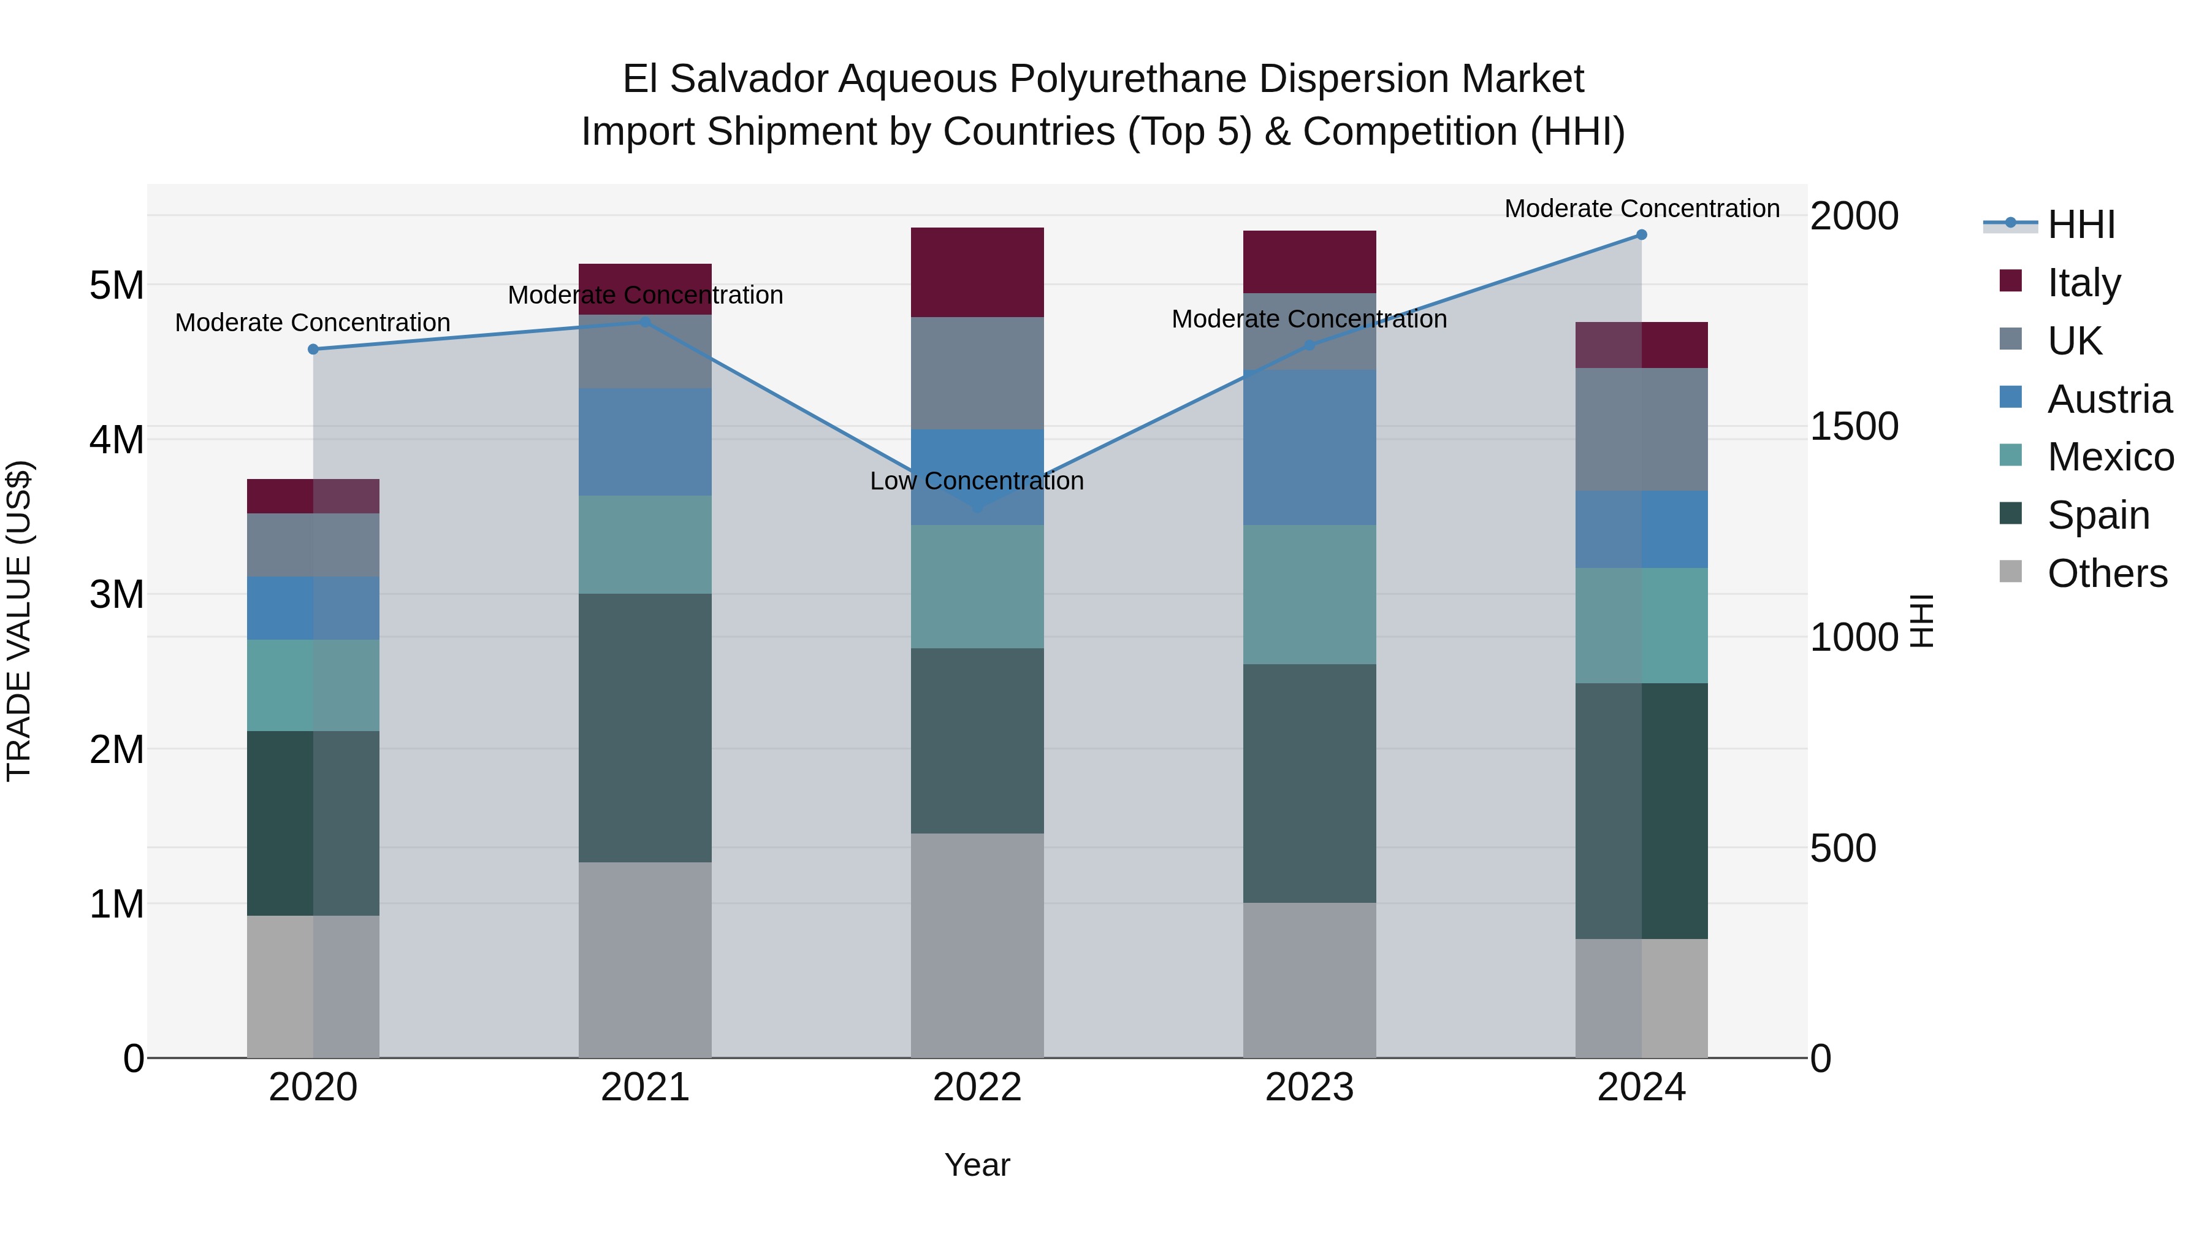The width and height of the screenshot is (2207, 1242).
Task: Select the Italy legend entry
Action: coord(2083,283)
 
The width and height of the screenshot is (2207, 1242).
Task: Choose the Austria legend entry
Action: coord(2108,399)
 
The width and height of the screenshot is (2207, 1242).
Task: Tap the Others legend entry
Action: coord(2106,573)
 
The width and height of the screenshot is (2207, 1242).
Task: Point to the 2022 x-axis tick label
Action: coord(977,1087)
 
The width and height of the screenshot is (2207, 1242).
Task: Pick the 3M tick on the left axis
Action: coord(116,594)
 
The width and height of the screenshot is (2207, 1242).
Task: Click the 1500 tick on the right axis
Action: coord(1853,427)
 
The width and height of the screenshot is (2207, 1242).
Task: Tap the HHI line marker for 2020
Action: coord(313,349)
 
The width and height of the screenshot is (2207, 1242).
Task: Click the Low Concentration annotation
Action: coord(977,481)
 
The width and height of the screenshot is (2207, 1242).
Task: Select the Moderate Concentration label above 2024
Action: coord(1642,209)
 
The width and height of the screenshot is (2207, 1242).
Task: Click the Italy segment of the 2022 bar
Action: coord(977,272)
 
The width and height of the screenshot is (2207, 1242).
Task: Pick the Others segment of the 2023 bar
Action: coord(1309,979)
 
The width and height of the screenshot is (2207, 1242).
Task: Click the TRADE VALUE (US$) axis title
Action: coord(19,621)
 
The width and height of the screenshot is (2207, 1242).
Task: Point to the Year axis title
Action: coord(977,1165)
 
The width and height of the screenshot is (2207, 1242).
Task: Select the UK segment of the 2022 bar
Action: coord(977,373)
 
